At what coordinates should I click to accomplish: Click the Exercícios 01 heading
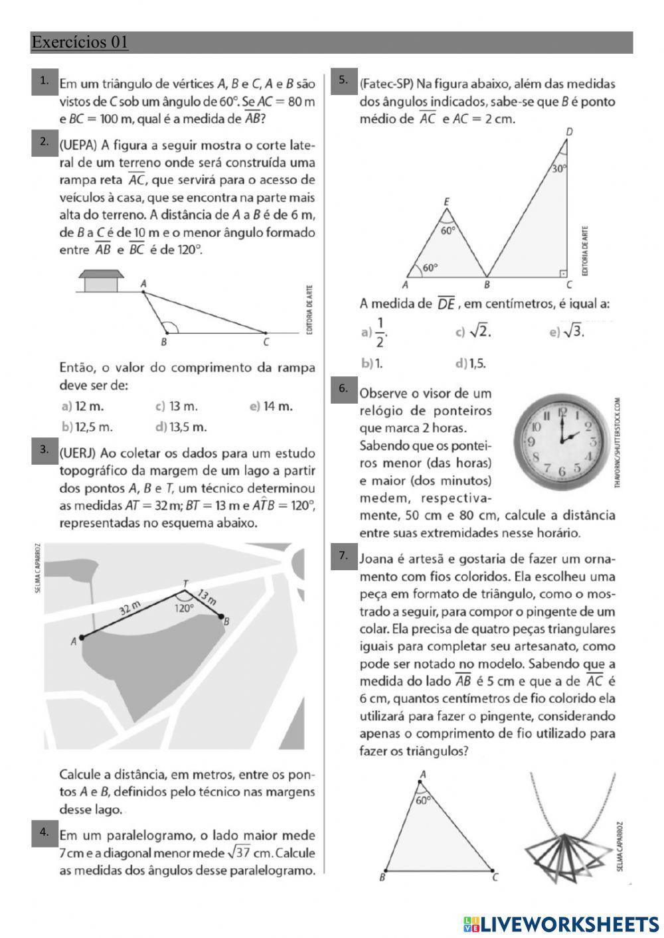(x=80, y=42)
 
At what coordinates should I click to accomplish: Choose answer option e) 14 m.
(x=271, y=406)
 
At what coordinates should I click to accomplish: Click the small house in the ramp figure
(x=101, y=281)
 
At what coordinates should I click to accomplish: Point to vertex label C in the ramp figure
(x=266, y=343)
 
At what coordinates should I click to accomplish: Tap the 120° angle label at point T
(x=184, y=607)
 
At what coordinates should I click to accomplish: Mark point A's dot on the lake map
(x=82, y=638)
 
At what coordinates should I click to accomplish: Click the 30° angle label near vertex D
(x=560, y=168)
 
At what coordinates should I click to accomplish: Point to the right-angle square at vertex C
(x=563, y=273)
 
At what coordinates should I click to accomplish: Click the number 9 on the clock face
(x=531, y=441)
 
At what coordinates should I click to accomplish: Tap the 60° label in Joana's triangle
(x=423, y=800)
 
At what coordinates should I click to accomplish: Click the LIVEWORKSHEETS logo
(x=561, y=924)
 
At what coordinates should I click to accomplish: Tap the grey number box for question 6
(x=343, y=389)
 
